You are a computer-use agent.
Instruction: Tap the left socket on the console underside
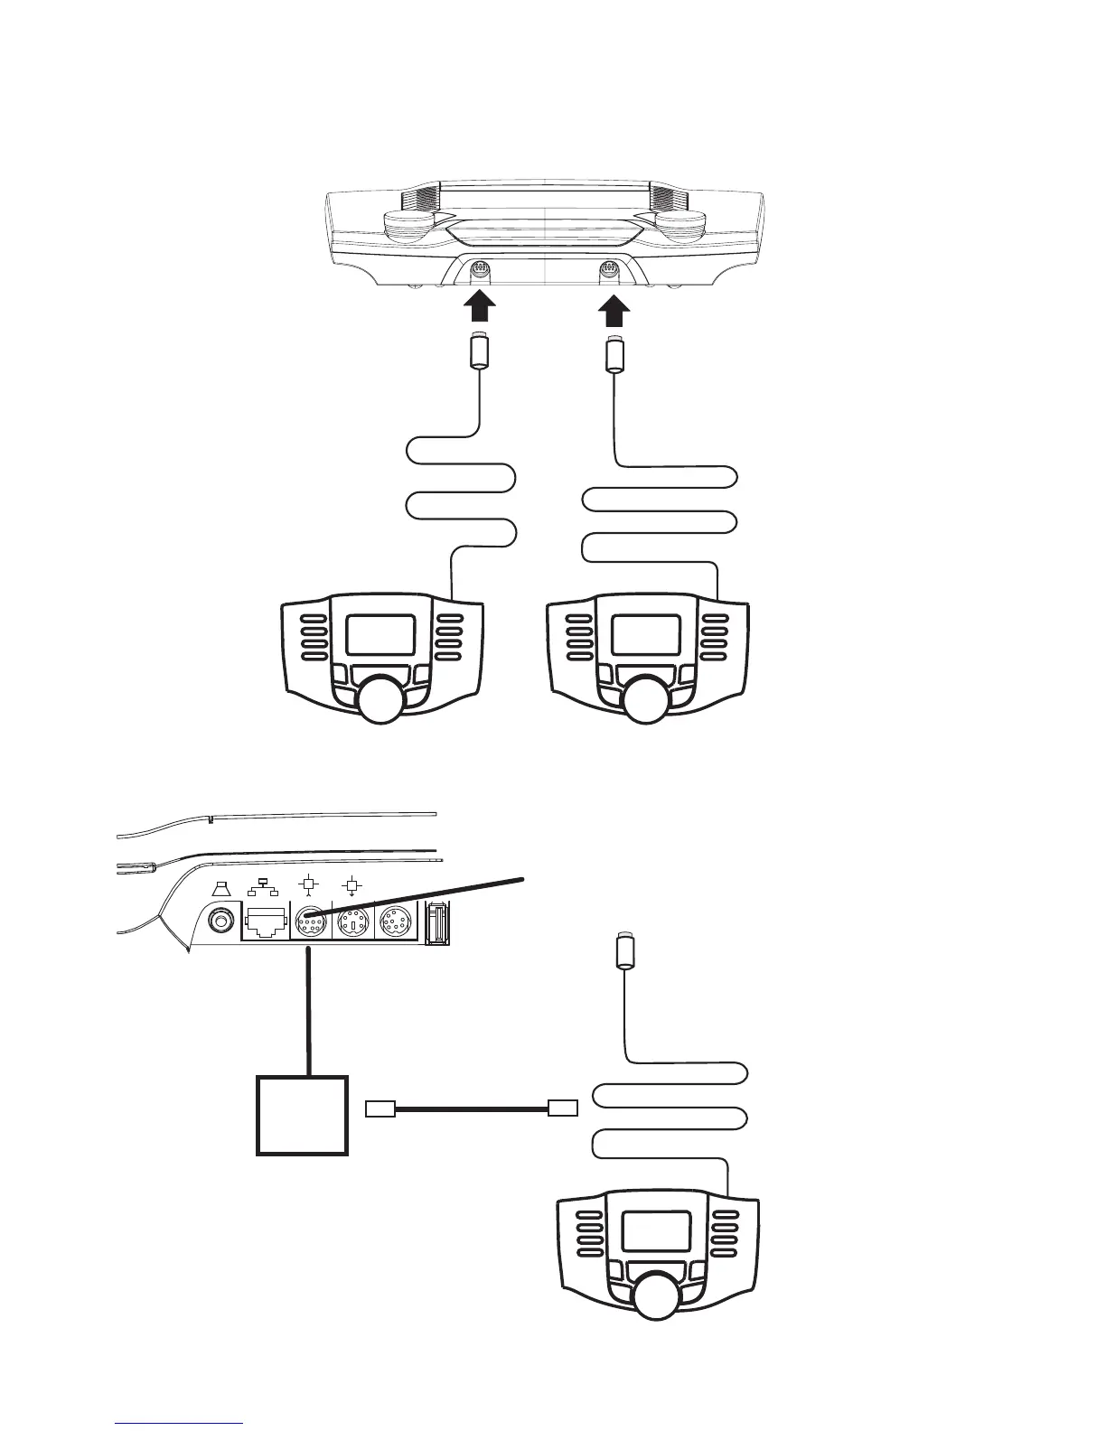coord(480,269)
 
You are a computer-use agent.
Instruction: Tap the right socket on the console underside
coord(609,269)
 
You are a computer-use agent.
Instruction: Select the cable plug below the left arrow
coord(480,351)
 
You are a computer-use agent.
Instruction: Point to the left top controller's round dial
coord(378,701)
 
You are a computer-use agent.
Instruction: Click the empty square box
coord(303,1115)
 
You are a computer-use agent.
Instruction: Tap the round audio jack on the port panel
coord(220,922)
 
